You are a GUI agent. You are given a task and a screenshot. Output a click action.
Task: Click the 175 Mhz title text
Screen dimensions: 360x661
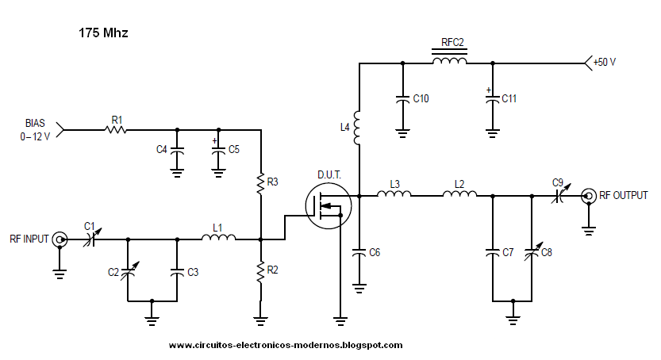pos(103,33)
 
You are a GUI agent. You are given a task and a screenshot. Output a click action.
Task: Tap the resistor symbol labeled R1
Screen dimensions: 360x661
pos(117,130)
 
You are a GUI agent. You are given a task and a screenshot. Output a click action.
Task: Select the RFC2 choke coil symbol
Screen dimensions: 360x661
pos(448,62)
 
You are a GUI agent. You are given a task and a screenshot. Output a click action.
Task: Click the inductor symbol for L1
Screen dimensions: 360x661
pos(218,238)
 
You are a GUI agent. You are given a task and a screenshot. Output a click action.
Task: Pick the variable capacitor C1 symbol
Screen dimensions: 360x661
pos(91,238)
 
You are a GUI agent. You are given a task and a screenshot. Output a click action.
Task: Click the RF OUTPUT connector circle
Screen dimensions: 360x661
pos(588,195)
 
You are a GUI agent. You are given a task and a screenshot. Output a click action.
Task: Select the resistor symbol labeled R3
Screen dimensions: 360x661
pos(260,184)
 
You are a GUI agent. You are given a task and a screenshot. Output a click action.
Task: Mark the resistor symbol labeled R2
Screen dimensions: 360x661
pos(260,272)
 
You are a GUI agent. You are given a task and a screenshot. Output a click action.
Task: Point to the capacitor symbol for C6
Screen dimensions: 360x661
pos(359,252)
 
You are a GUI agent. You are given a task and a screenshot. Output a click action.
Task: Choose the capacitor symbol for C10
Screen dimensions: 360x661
pos(403,99)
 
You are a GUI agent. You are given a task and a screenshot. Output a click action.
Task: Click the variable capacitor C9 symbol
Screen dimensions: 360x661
pos(557,195)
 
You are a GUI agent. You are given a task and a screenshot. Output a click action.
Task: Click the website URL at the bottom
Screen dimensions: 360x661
pos(286,345)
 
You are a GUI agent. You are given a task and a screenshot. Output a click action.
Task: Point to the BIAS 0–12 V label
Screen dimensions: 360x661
pos(34,130)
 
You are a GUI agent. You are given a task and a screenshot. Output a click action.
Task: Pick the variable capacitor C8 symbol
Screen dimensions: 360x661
pos(532,252)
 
